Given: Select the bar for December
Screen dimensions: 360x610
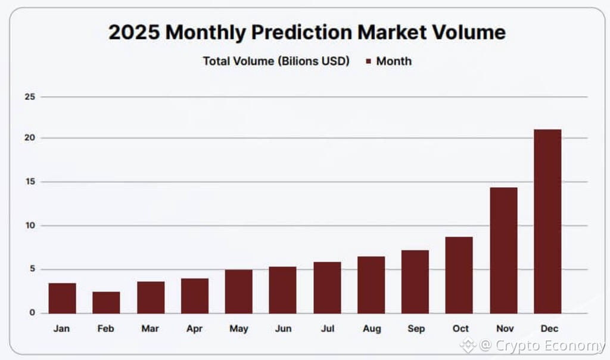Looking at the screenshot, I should pos(547,221).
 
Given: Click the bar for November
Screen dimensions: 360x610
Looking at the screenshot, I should pos(503,250).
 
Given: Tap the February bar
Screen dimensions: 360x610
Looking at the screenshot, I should pos(106,302).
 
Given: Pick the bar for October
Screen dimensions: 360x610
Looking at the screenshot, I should pos(459,275).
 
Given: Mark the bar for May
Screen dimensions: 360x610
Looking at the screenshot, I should pos(238,291).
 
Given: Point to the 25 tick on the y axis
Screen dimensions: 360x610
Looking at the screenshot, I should pos(30,97).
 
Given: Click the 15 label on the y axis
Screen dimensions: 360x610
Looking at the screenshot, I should pos(30,182).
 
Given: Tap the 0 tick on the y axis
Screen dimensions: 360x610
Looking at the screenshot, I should pos(32,313).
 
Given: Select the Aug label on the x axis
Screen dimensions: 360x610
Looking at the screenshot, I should pos(371,328).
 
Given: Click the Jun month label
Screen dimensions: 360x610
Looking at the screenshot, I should pos(282,328).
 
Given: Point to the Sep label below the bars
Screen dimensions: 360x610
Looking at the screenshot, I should pos(415,328).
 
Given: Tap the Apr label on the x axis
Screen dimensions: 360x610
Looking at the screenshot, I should pos(194,328).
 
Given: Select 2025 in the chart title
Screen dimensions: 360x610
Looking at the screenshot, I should pos(134,32).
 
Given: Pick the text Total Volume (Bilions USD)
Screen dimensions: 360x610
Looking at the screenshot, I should pos(276,61).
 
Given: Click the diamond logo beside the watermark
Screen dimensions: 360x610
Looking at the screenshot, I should pos(468,345).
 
